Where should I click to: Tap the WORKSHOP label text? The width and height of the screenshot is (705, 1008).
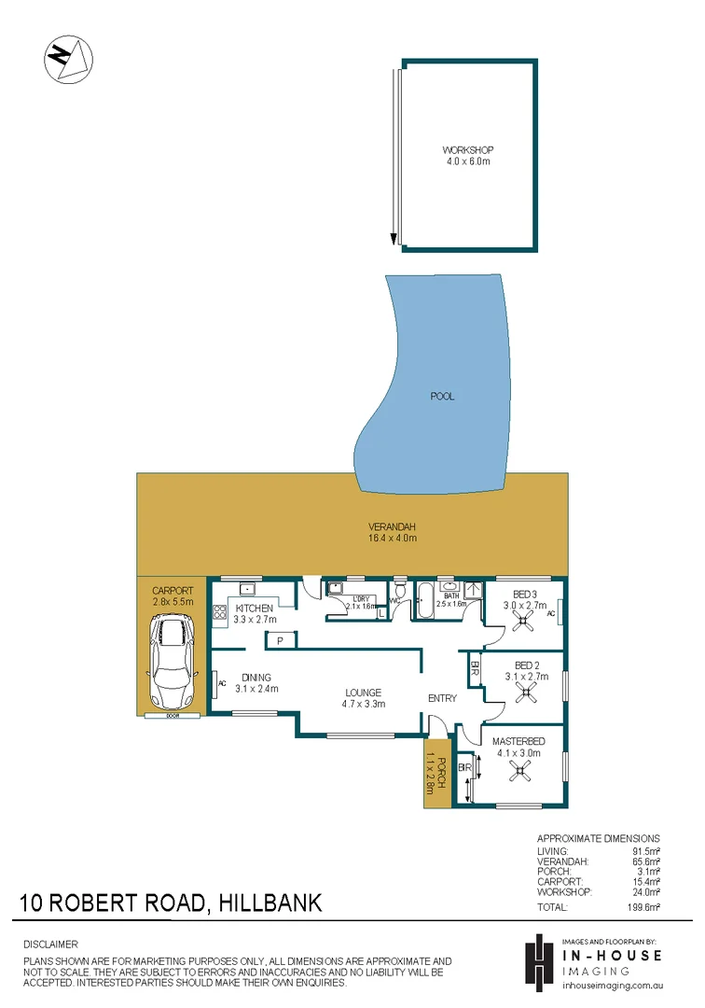[467, 156]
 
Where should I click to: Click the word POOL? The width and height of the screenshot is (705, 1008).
[442, 397]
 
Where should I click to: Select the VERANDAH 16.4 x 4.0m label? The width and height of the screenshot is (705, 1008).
[392, 532]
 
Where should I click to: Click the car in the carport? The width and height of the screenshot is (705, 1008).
[172, 665]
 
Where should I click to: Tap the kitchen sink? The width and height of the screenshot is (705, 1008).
[247, 589]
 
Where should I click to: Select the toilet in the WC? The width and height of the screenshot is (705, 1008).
[399, 591]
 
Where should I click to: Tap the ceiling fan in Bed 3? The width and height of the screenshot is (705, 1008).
[522, 616]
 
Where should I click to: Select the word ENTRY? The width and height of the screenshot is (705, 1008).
[441, 698]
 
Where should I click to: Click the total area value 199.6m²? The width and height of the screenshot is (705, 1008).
[644, 907]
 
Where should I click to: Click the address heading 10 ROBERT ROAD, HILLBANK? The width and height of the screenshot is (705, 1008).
[172, 903]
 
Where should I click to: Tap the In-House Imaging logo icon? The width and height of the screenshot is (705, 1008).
[538, 961]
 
